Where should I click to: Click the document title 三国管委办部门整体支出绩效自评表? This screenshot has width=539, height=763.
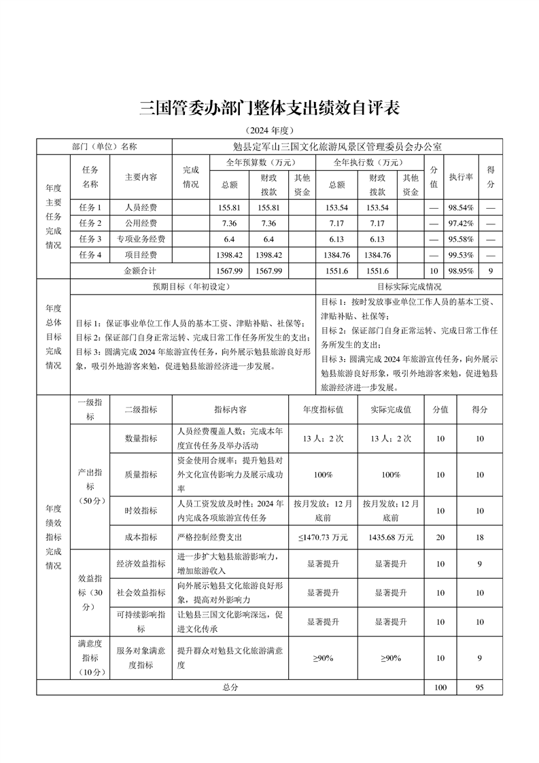pos(269,107)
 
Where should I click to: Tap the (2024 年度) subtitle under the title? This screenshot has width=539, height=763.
pos(269,131)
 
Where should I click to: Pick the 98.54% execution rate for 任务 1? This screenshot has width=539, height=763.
pos(460,207)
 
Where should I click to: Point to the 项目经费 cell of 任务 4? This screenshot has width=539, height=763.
pos(141,255)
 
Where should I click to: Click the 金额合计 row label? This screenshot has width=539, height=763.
pos(141,271)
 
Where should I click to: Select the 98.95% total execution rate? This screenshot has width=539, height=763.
pos(460,271)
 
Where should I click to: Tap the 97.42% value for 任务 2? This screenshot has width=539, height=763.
pos(460,223)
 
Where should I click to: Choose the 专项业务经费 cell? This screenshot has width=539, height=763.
pos(141,239)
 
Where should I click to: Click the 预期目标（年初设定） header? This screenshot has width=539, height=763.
pos(192,286)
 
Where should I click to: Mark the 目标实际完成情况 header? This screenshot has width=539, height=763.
pos(409,286)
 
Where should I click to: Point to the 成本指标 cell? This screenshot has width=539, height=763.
pos(141,537)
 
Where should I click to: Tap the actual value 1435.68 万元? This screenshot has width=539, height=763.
pos(392,537)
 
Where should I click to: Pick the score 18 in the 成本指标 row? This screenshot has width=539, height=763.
pos(480,537)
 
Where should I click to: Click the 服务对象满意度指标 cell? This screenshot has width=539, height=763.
pos(141,658)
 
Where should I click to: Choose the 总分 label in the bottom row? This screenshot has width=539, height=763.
pos(230,688)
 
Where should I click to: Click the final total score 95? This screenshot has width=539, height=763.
pos(480,688)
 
